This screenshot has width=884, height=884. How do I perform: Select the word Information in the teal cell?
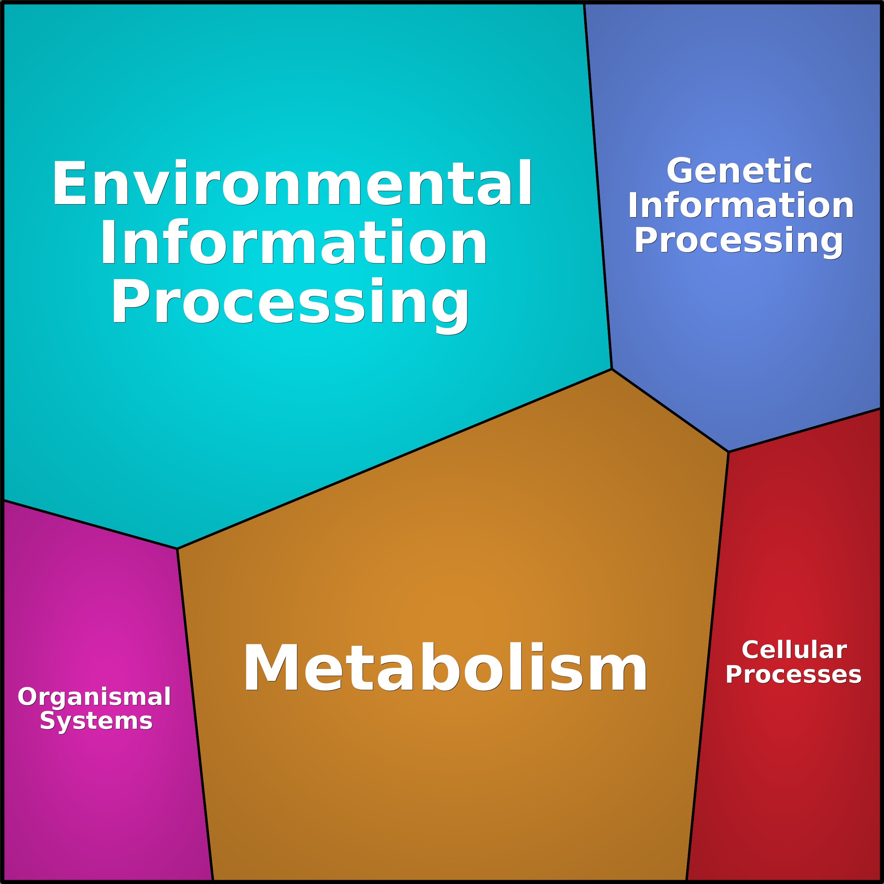pyautogui.click(x=294, y=242)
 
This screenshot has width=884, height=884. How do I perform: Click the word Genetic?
pyautogui.click(x=739, y=171)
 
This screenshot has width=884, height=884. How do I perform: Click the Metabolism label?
pyautogui.click(x=445, y=668)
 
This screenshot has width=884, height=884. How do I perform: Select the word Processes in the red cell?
pyautogui.click(x=794, y=675)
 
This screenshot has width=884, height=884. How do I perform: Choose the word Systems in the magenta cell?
pyautogui.click(x=96, y=721)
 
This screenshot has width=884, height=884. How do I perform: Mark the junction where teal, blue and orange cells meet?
pyautogui.click(x=612, y=369)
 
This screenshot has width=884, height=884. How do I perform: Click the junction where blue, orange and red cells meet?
pyautogui.click(x=728, y=452)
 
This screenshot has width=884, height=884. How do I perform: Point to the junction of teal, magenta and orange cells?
pyautogui.click(x=177, y=549)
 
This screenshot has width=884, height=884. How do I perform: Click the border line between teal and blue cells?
pyautogui.click(x=598, y=186)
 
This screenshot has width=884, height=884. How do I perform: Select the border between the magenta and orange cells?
pyautogui.click(x=195, y=714)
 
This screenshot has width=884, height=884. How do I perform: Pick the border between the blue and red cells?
pyautogui.click(x=804, y=430)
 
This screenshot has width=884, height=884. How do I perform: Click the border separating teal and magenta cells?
pyautogui.click(x=90, y=524)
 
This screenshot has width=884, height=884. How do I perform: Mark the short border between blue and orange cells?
pyautogui.click(x=670, y=410)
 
